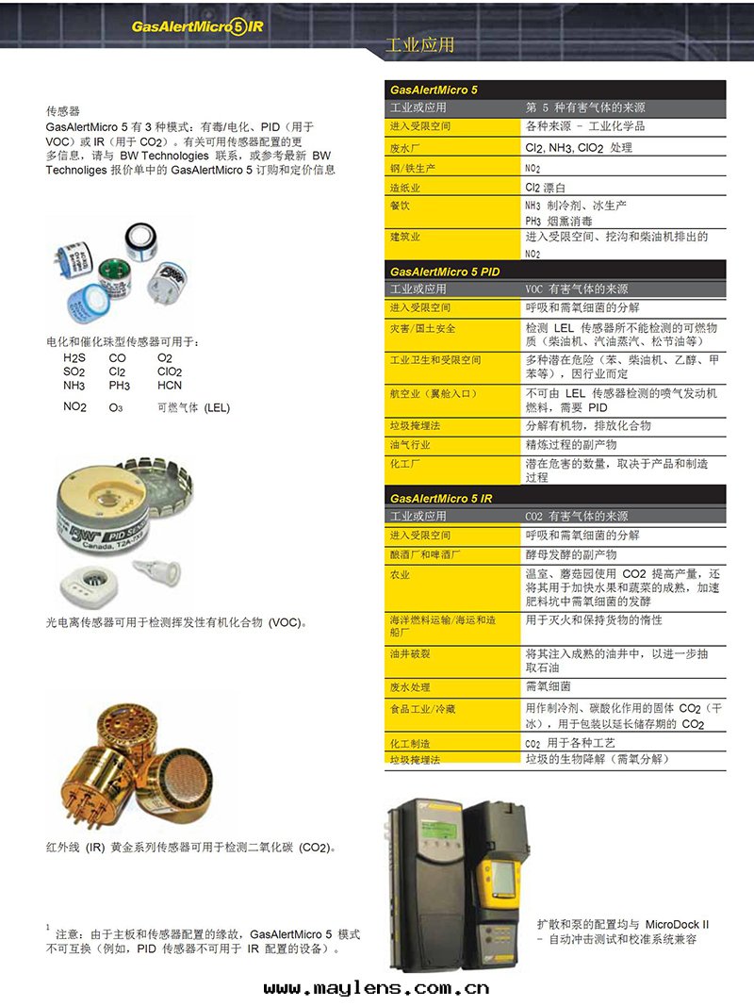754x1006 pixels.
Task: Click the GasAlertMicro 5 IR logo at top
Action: (198, 26)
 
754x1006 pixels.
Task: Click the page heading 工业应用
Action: (420, 45)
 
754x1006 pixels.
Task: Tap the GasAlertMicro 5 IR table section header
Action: (441, 498)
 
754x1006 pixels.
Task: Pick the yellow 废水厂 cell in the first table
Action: (405, 148)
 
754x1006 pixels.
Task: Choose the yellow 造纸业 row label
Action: (405, 188)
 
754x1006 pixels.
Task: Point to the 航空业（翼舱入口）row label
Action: (435, 392)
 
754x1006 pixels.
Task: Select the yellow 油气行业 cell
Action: (411, 444)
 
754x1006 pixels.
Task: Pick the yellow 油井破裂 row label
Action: (411, 652)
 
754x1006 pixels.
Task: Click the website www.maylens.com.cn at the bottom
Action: (376, 988)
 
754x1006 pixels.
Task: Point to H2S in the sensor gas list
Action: (74, 358)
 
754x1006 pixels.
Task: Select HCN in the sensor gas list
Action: (170, 386)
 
